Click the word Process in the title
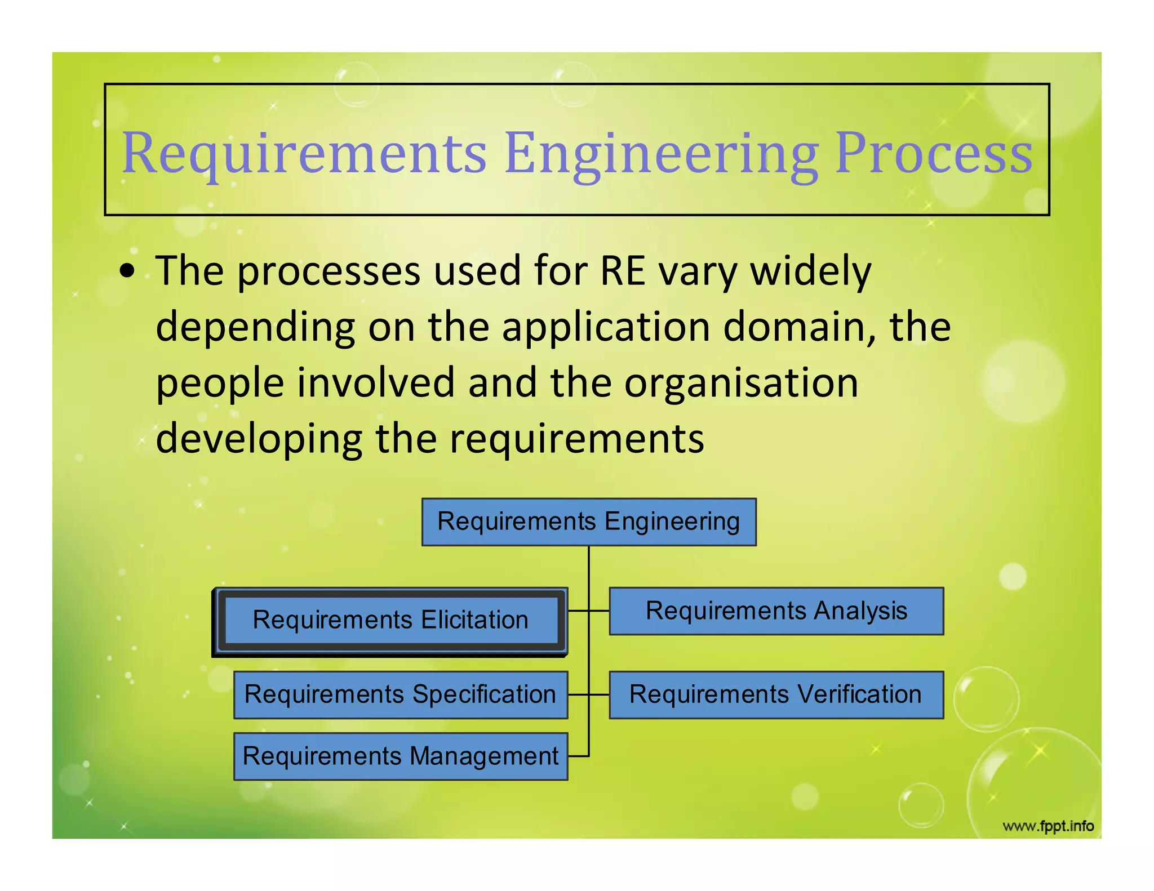pyautogui.click(x=934, y=153)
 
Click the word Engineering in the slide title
pyautogui.click(x=661, y=153)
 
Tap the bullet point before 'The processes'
pyautogui.click(x=128, y=270)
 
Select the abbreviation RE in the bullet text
pyautogui.click(x=622, y=271)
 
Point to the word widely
pyautogui.click(x=811, y=271)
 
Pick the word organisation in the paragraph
pyautogui.click(x=741, y=383)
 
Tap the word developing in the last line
pyautogui.click(x=259, y=439)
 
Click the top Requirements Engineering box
pyautogui.click(x=589, y=522)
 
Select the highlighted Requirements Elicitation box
pyautogui.click(x=390, y=620)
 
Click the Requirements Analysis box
pyautogui.click(x=776, y=611)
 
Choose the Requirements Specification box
pyautogui.click(x=401, y=694)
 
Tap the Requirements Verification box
pyautogui.click(x=776, y=694)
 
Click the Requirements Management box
pyautogui.click(x=401, y=756)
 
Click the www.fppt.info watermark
pyautogui.click(x=1048, y=826)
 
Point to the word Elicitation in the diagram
pyautogui.click(x=474, y=620)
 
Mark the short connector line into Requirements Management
pyautogui.click(x=578, y=756)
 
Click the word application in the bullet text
pyautogui.click(x=606, y=327)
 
